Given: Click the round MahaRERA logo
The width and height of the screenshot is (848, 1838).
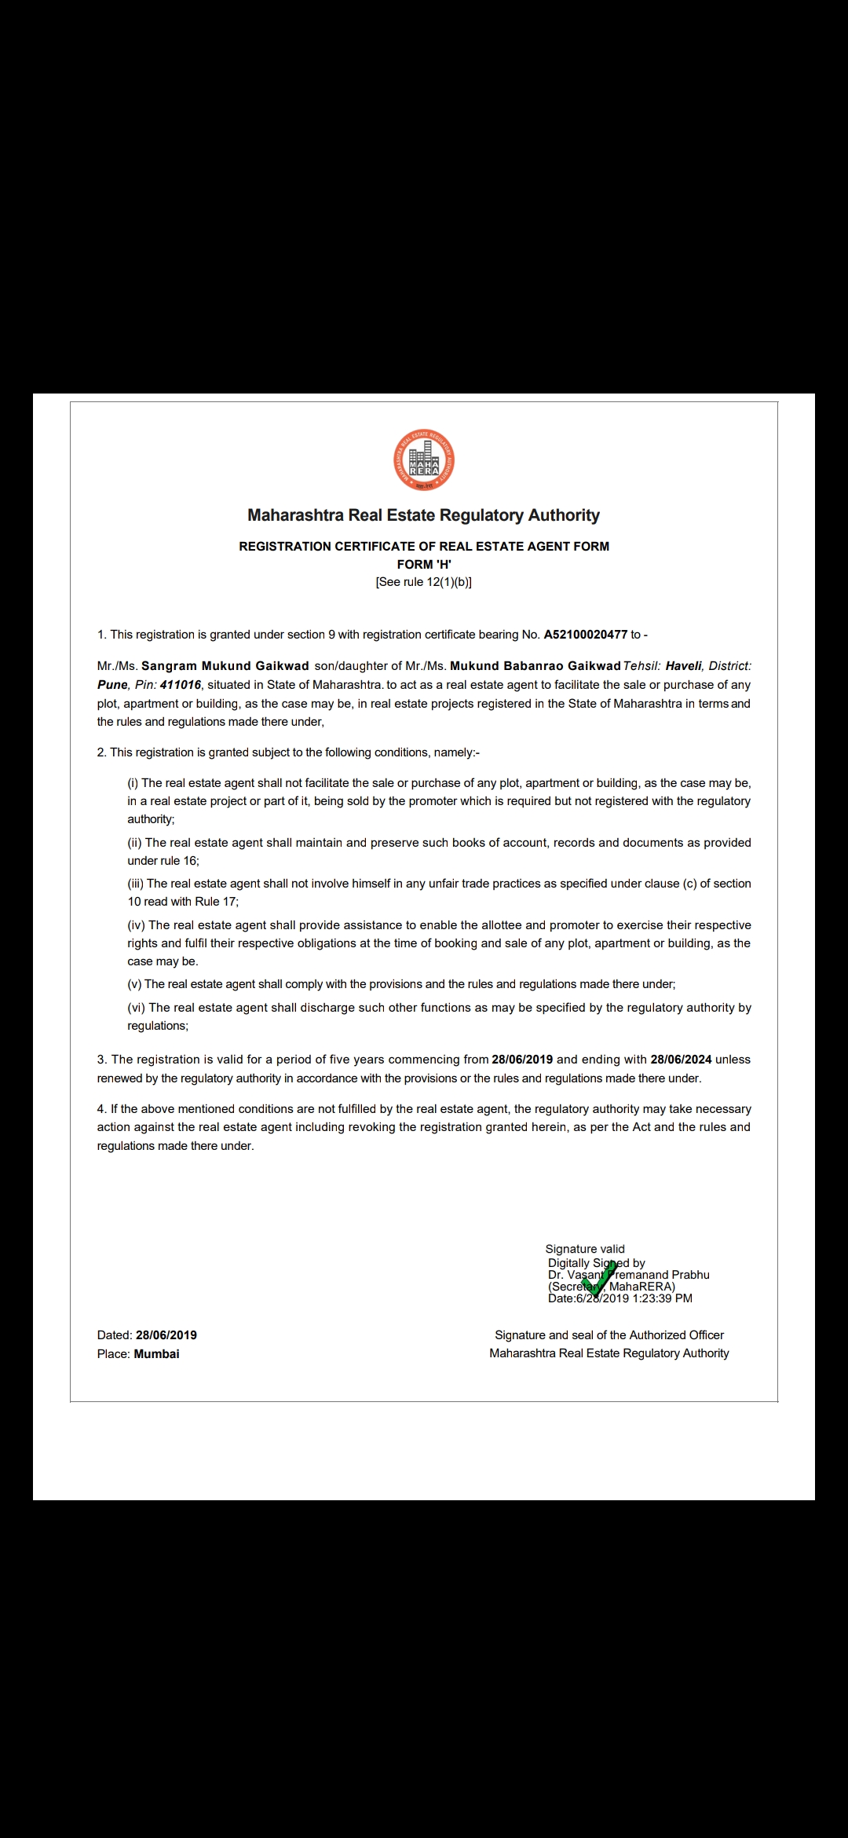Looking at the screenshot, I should (x=424, y=460).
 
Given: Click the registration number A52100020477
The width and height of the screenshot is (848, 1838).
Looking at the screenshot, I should (x=585, y=635).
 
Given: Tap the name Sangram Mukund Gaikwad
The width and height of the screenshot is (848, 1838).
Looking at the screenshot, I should (x=225, y=666).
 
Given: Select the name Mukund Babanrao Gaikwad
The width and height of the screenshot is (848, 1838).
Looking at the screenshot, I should (x=535, y=666).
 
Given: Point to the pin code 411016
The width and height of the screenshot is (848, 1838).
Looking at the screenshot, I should (x=181, y=685).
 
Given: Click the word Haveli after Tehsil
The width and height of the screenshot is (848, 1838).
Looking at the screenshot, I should (x=683, y=666).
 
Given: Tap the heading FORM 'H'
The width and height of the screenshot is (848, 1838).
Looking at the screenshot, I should (x=424, y=564).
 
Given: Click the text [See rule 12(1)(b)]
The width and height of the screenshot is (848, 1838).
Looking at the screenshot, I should (x=424, y=582).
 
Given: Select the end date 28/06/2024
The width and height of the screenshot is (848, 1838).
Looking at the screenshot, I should (x=681, y=1060).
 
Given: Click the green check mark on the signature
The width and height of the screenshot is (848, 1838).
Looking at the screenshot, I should (x=599, y=1276).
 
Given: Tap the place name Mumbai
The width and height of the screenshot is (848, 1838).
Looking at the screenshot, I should (x=156, y=1354).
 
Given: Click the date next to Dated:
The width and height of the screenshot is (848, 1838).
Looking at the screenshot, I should (x=166, y=1335).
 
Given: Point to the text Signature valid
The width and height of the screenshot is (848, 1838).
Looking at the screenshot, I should (x=585, y=1249).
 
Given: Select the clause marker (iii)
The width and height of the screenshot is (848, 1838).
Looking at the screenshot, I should (x=136, y=884).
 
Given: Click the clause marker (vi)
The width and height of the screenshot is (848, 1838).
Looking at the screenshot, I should (x=137, y=1008).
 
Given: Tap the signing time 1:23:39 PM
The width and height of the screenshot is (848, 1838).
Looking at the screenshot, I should (x=662, y=1298).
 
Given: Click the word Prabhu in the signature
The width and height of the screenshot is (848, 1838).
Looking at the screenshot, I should (x=690, y=1275).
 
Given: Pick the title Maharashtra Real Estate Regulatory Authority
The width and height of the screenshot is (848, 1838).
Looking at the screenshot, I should (x=424, y=515).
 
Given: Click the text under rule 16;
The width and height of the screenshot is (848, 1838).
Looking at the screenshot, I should (x=163, y=861).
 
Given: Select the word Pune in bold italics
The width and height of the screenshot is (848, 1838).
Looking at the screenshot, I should (x=112, y=685).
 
